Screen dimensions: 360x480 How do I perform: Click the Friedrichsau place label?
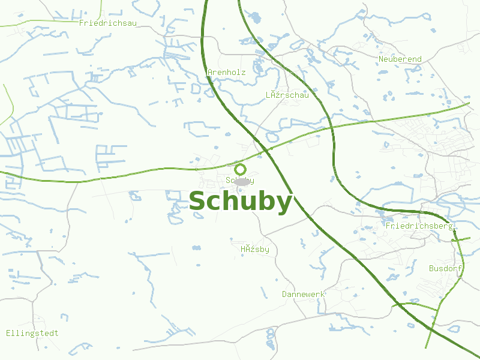click(x=109, y=23)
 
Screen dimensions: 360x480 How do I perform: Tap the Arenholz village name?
click(x=227, y=73)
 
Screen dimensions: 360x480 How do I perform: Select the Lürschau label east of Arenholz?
click(x=287, y=95)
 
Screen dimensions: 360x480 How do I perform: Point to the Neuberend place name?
click(x=400, y=59)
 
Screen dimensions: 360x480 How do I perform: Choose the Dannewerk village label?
click(x=304, y=294)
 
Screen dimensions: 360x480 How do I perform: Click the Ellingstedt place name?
click(x=32, y=333)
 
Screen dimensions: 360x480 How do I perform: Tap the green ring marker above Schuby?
click(x=241, y=169)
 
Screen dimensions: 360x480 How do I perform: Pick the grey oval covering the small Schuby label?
click(x=242, y=181)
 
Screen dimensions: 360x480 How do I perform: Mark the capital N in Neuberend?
click(x=382, y=59)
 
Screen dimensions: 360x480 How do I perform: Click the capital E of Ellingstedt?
click(x=8, y=333)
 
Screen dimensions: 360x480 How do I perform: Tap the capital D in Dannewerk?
click(x=285, y=294)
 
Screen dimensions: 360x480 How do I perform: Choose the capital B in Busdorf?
click(x=431, y=268)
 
